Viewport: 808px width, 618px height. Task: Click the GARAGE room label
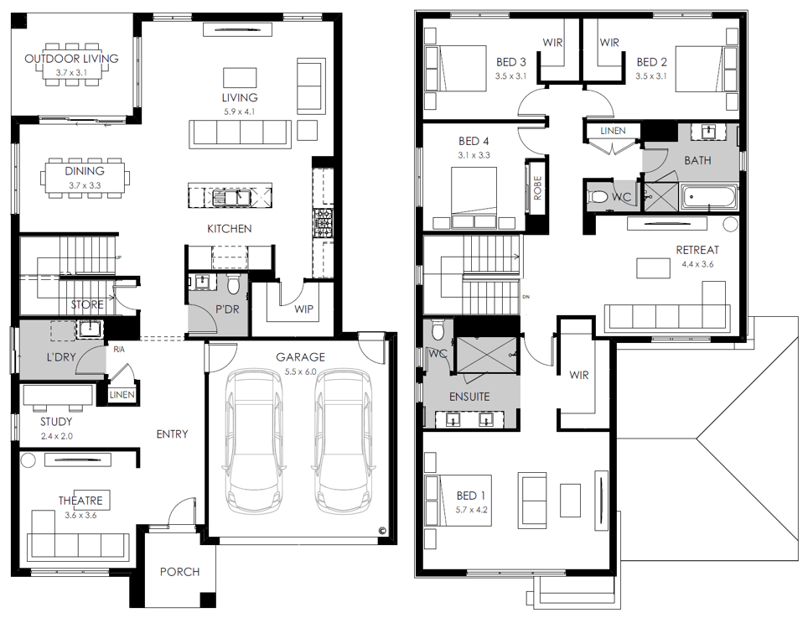(x=300, y=356)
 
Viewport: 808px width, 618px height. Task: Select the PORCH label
(x=180, y=572)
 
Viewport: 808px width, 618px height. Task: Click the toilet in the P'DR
(x=234, y=284)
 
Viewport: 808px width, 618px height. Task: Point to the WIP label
(x=303, y=309)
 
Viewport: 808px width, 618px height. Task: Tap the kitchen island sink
(x=231, y=196)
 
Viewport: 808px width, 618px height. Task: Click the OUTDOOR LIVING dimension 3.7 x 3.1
(x=71, y=73)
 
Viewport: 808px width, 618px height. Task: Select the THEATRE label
(x=80, y=501)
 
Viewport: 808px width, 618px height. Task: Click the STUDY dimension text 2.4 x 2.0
(x=57, y=436)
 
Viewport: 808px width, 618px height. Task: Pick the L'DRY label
(x=61, y=356)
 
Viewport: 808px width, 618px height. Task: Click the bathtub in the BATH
(x=708, y=197)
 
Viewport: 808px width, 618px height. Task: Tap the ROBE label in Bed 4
(x=537, y=188)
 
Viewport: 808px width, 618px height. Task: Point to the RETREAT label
(x=697, y=250)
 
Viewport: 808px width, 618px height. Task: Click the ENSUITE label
(x=469, y=397)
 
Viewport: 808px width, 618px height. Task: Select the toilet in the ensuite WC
(x=438, y=330)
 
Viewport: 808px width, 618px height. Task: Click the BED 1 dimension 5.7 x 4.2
(x=472, y=510)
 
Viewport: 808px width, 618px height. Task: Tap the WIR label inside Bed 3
(x=552, y=43)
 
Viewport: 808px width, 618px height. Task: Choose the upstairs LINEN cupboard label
(x=613, y=131)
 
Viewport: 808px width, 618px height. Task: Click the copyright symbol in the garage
(x=382, y=530)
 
